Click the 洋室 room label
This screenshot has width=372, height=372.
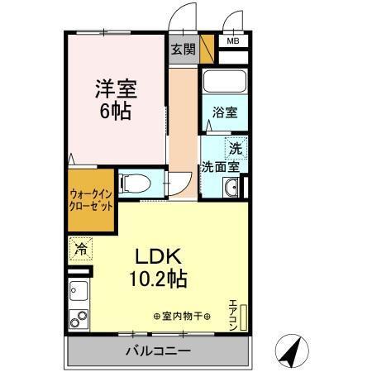click(116, 88)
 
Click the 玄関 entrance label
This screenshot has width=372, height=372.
click(183, 49)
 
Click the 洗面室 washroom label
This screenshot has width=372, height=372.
click(221, 166)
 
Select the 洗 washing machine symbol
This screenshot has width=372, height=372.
click(236, 149)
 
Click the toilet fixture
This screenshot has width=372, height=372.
click(132, 183)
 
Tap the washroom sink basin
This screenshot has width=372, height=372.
click(231, 189)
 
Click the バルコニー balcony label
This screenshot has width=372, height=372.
click(159, 351)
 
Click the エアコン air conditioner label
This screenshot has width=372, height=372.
click(233, 312)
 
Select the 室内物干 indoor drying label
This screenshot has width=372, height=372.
click(182, 317)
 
